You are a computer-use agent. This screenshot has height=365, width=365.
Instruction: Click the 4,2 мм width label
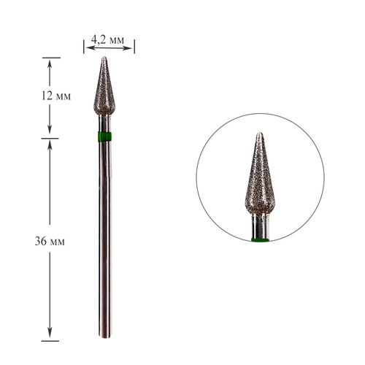point(107,40)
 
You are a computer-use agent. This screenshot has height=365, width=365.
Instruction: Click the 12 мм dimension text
point(56,96)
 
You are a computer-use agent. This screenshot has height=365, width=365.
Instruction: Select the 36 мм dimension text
point(50,242)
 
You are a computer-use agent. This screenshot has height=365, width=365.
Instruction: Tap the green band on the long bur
point(104,137)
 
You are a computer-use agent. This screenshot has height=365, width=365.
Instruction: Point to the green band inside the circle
point(260,240)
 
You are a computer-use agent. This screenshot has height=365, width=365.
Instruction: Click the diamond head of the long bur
point(104,86)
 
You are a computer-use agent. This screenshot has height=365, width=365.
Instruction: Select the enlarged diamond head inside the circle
point(260,173)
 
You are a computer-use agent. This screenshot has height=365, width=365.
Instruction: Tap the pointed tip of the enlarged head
point(260,133)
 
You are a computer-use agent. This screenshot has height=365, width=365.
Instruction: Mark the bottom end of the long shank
point(105,337)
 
